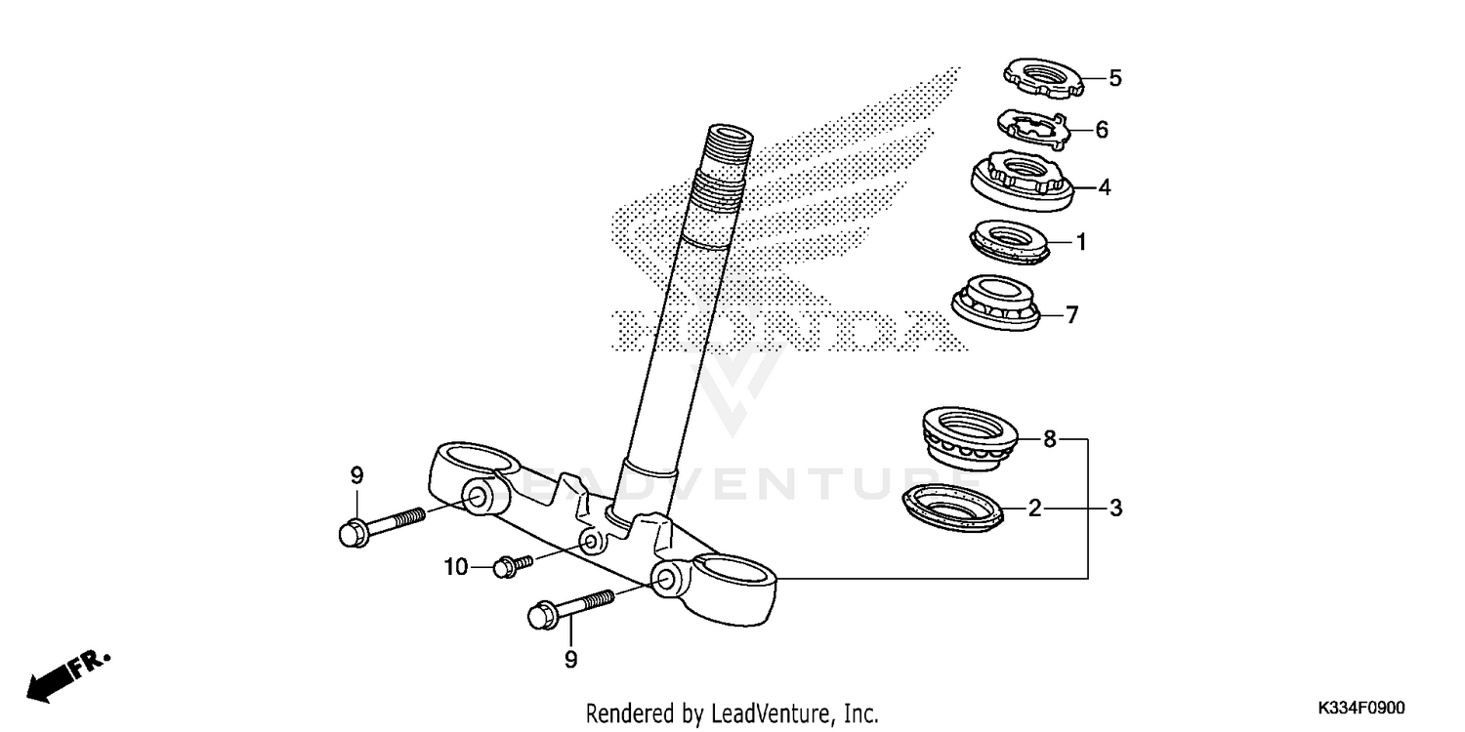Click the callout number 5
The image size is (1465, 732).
(1114, 79)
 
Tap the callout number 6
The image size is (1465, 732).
(1102, 130)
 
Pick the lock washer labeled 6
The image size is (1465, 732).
(1033, 127)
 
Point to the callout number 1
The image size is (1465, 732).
(1081, 241)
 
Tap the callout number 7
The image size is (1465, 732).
(1071, 315)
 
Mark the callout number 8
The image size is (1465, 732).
(1050, 439)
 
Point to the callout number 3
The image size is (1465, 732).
(1115, 508)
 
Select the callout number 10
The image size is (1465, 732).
(457, 566)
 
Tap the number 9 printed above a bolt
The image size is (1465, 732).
(356, 475)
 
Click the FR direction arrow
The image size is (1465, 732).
(68, 674)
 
